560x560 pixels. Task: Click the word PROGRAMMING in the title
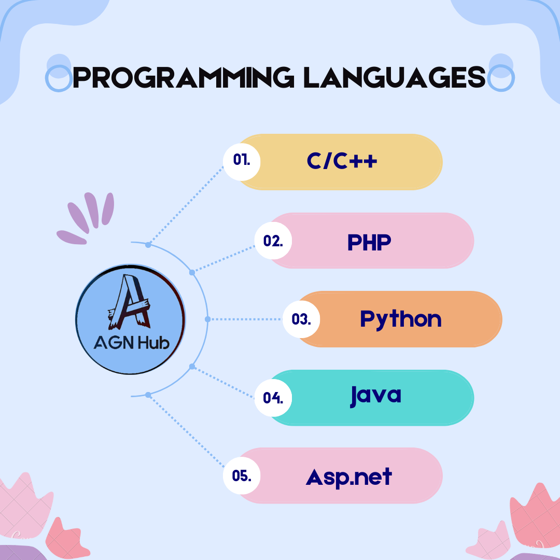pos(184,77)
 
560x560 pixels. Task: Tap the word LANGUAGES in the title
pos(395,77)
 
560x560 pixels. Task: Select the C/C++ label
pos(342,161)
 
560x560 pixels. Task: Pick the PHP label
pos(369,242)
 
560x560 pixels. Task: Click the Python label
pos(401,319)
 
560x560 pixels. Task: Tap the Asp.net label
pos(349,478)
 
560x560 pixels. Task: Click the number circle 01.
pos(242,162)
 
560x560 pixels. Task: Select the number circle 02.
pos(273,241)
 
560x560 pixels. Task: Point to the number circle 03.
pos(301,319)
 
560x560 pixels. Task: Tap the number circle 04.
pos(273,398)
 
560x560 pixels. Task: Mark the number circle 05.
pos(242,475)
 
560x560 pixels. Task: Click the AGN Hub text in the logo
pos(131,343)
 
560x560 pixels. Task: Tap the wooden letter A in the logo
pos(129,302)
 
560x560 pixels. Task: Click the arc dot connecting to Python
pos(208,319)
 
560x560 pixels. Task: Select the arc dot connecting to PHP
pos(192,273)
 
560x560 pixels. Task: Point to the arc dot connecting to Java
pos(192,367)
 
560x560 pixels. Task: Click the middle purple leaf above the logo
pos(91,210)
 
